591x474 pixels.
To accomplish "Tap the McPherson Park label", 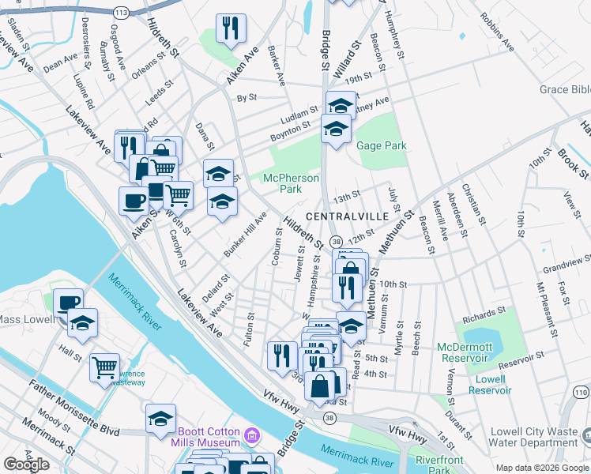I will point(291,183).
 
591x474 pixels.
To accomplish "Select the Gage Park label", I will point(381,145).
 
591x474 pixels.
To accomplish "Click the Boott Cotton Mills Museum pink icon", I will point(251,435).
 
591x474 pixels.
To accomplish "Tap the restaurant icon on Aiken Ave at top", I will point(231,29).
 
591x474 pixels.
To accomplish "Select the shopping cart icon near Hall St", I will point(104,367).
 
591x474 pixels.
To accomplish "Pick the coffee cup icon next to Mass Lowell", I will point(69,302).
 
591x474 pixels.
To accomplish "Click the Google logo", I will point(26,465).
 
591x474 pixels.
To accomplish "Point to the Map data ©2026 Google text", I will point(541,468).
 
